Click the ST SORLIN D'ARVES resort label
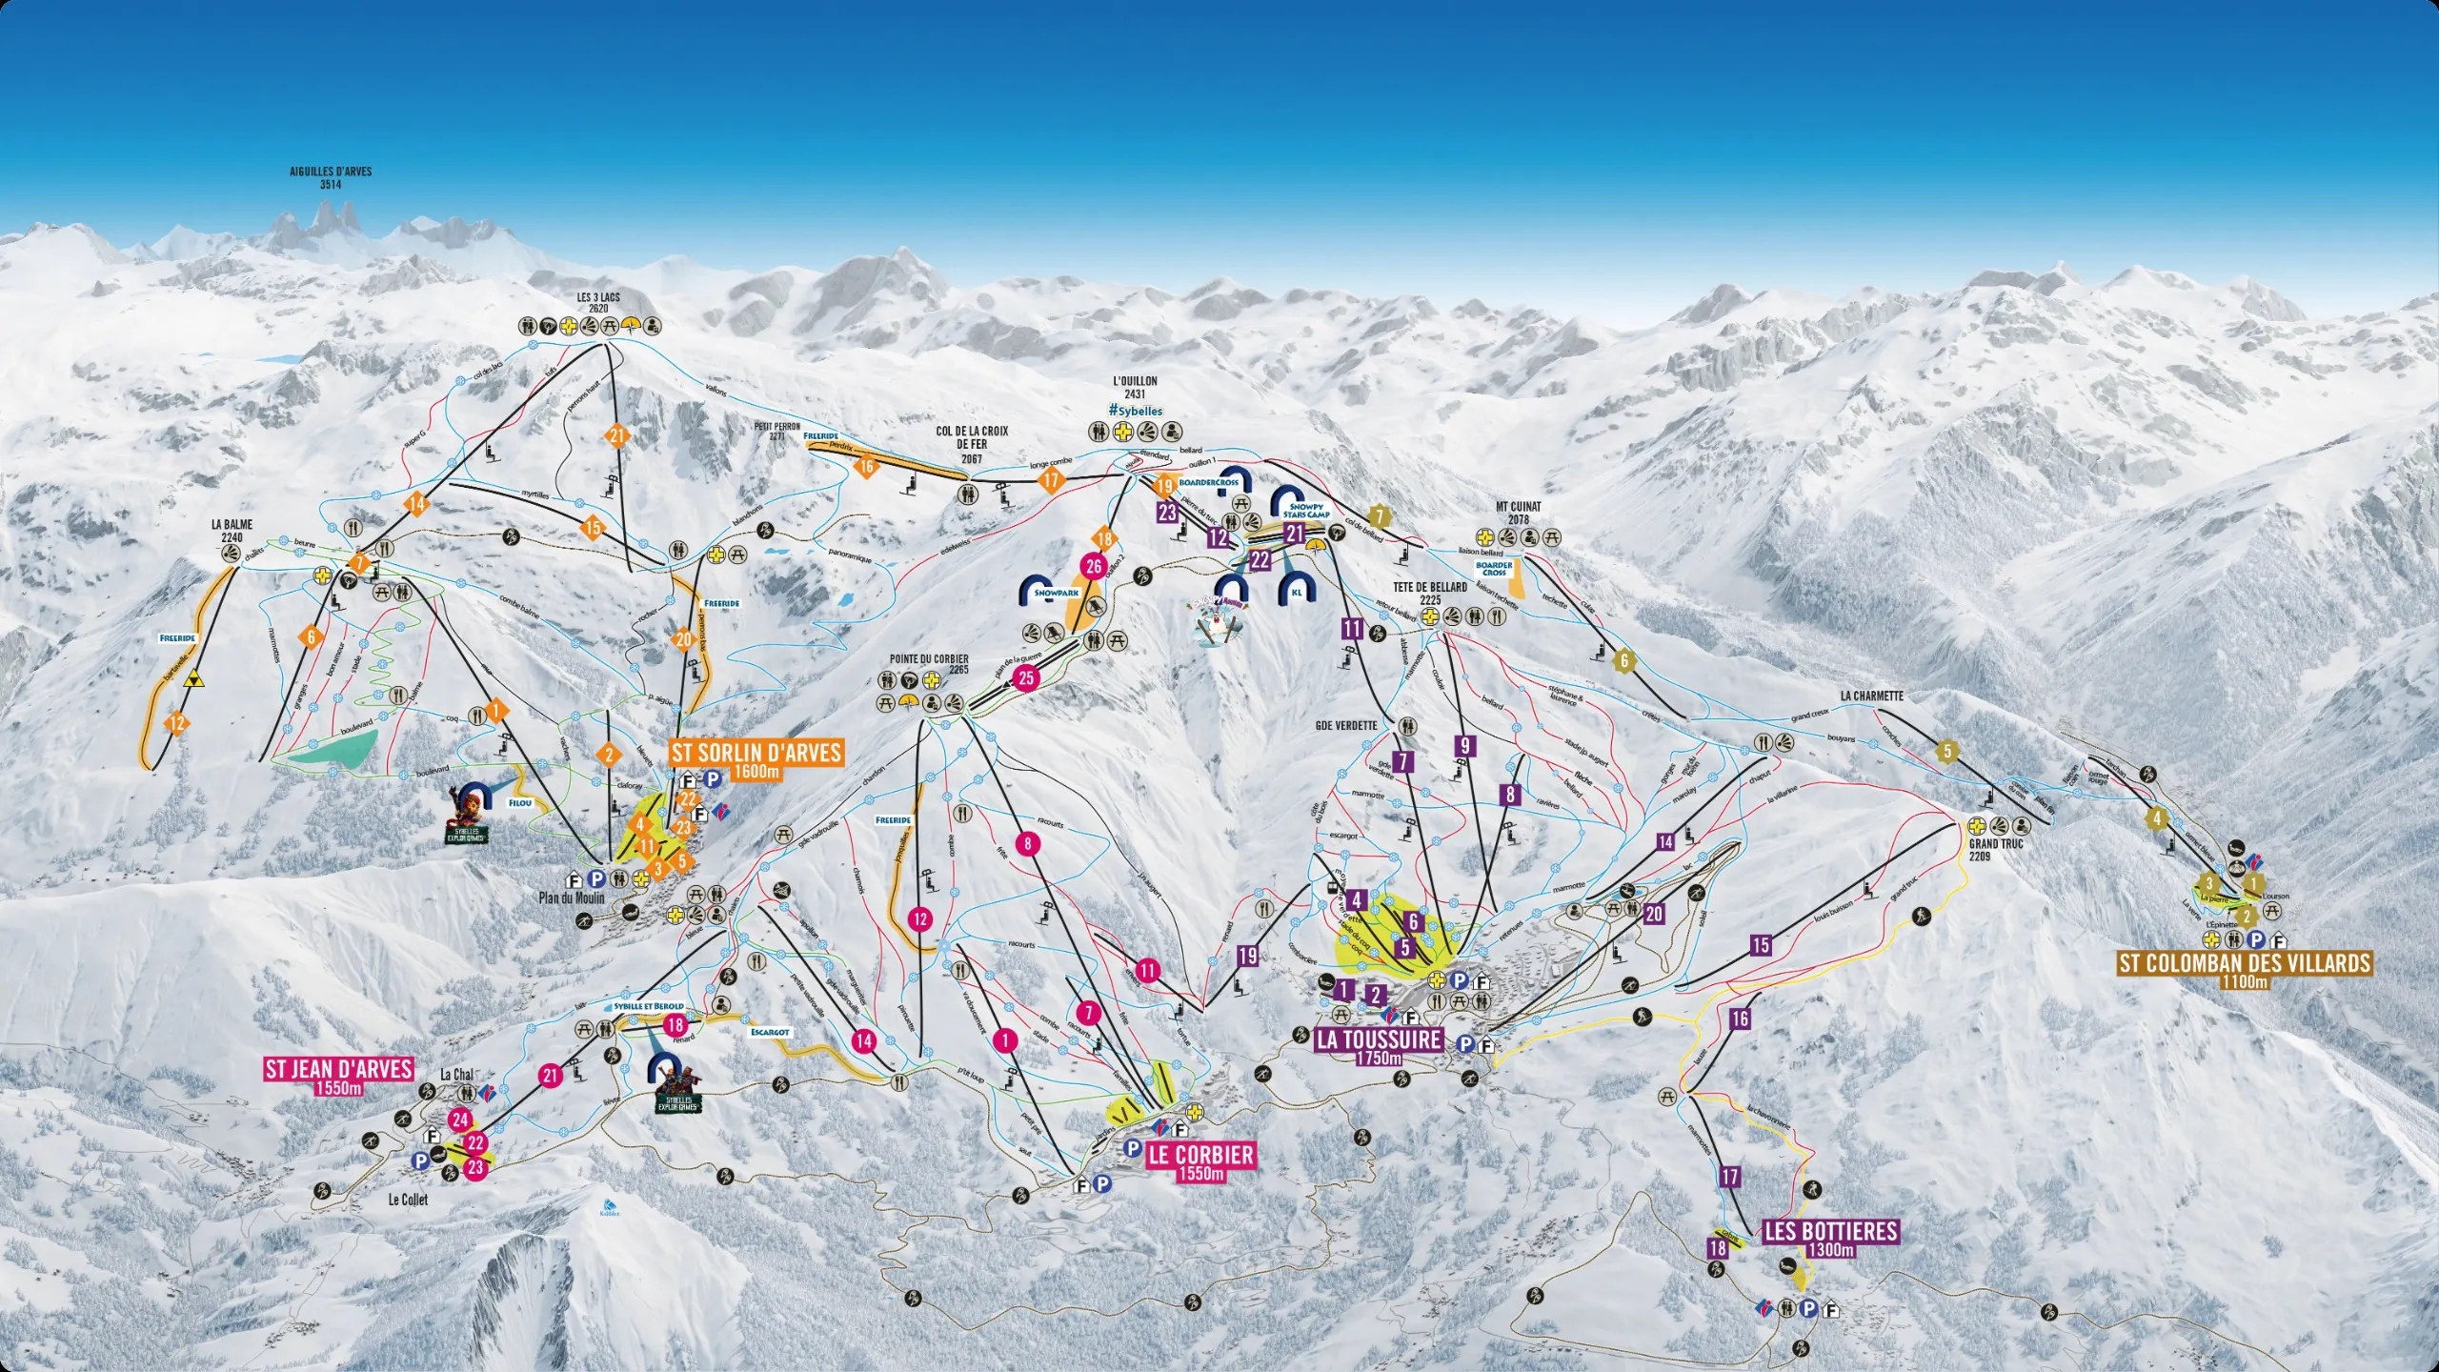pyautogui.click(x=756, y=754)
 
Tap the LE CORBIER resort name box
pyautogui.click(x=1201, y=1156)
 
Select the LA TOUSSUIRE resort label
pyautogui.click(x=1379, y=1039)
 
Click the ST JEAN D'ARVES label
pyautogui.click(x=338, y=1069)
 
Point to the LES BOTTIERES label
pyautogui.click(x=1830, y=1232)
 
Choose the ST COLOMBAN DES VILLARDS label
pyautogui.click(x=2245, y=963)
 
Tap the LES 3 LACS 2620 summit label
pyautogui.click(x=598, y=303)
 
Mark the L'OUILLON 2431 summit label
pyautogui.click(x=1135, y=387)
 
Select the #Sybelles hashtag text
pyautogui.click(x=1135, y=411)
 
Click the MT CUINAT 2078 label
pyautogui.click(x=1519, y=513)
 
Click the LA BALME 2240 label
pyautogui.click(x=232, y=531)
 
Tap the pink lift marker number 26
pyautogui.click(x=1093, y=567)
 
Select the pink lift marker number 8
pyautogui.click(x=1027, y=843)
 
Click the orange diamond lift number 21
pyautogui.click(x=617, y=436)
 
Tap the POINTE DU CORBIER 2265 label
pyautogui.click(x=929, y=664)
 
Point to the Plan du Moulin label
pyautogui.click(x=572, y=898)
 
